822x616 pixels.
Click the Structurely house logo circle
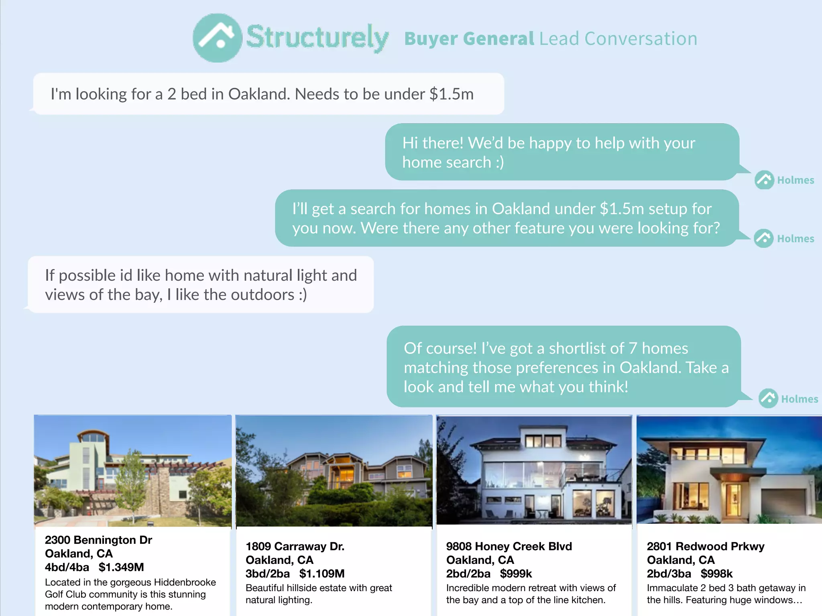click(x=217, y=38)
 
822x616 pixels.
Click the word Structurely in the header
click(x=317, y=37)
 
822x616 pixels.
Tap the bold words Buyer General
click(x=469, y=39)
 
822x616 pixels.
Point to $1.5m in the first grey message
click(x=452, y=94)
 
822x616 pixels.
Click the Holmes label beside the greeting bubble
click(x=796, y=180)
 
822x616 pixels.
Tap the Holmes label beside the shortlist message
click(x=800, y=399)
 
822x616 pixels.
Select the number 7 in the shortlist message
click(x=633, y=348)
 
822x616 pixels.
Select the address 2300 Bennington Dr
click(x=98, y=540)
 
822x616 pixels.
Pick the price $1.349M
click(x=121, y=567)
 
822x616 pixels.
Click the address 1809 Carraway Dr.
click(x=295, y=546)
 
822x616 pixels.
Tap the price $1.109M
click(x=322, y=573)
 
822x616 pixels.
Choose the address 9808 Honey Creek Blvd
click(x=509, y=546)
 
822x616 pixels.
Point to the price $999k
click(x=516, y=573)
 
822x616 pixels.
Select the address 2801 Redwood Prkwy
click(x=706, y=546)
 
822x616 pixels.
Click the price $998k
click(x=716, y=573)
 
